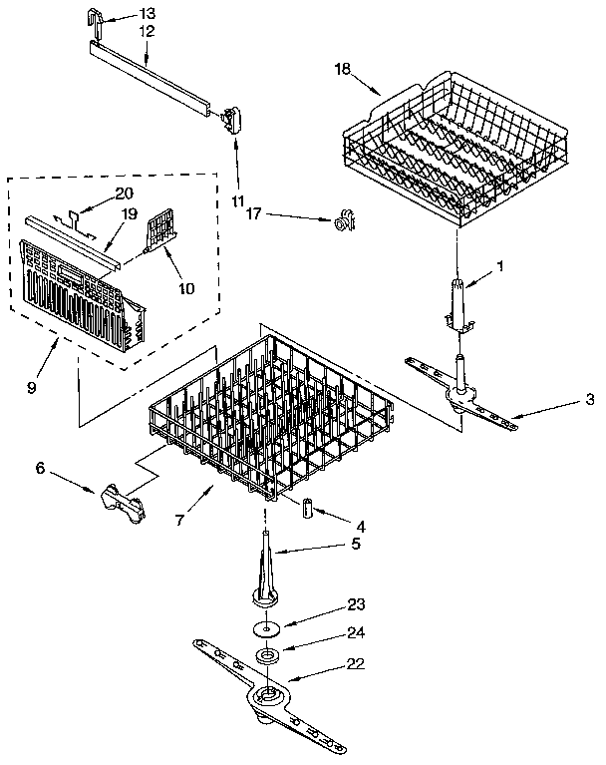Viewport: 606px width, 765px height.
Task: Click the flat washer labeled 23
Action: (266, 630)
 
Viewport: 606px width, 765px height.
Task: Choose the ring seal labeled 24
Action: (266, 655)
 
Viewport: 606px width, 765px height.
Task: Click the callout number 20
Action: (124, 192)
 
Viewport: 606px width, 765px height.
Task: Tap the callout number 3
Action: (590, 399)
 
